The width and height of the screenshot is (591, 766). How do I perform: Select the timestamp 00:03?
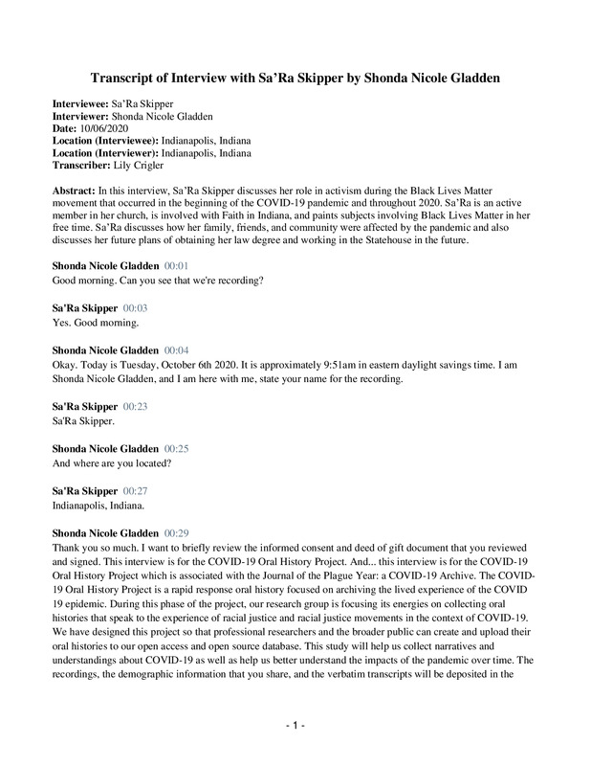(x=135, y=308)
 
